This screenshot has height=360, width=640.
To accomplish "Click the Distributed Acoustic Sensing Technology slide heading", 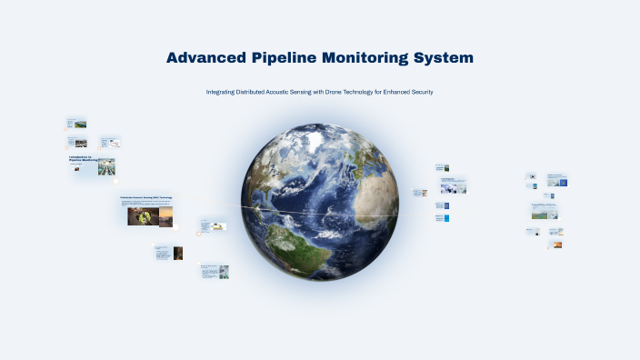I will tap(145, 197).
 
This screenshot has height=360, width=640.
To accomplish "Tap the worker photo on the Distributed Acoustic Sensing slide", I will tap(139, 216).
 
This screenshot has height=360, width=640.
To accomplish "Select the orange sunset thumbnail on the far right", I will tap(556, 245).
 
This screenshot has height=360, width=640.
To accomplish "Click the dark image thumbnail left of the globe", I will tap(178, 254).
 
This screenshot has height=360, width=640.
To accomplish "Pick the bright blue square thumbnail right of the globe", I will tap(446, 218).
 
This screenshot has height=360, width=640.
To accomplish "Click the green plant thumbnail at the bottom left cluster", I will tap(224, 271).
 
